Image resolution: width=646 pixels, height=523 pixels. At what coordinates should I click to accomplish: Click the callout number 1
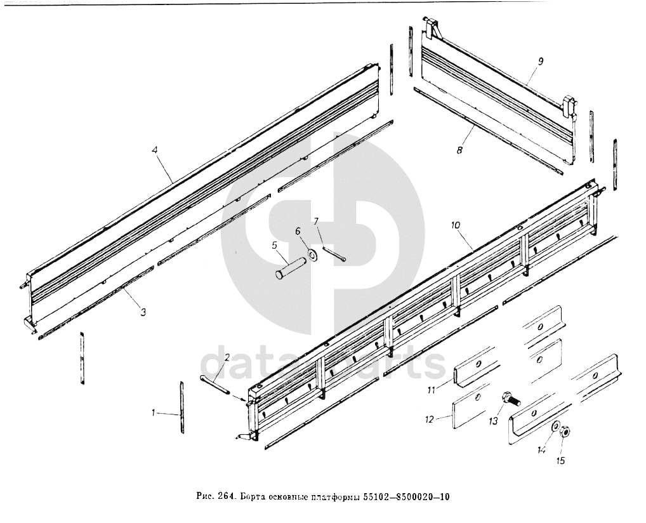pyautogui.click(x=154, y=413)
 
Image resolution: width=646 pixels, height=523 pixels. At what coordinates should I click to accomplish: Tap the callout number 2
pyautogui.click(x=227, y=357)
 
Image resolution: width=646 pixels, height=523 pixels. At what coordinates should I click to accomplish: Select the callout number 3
pyautogui.click(x=143, y=312)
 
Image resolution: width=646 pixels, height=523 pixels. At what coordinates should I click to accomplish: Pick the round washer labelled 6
pyautogui.click(x=312, y=256)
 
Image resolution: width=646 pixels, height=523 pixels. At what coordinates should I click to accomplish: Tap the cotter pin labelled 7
pyautogui.click(x=335, y=252)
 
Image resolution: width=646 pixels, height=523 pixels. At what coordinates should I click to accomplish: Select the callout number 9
pyautogui.click(x=540, y=61)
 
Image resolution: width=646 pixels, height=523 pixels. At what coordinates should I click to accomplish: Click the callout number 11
pyautogui.click(x=430, y=390)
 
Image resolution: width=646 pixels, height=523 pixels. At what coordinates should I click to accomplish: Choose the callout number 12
pyautogui.click(x=430, y=420)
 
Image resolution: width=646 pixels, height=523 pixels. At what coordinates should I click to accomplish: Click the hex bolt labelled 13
pyautogui.click(x=510, y=399)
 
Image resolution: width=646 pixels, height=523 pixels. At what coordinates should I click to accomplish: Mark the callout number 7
pyautogui.click(x=316, y=221)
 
